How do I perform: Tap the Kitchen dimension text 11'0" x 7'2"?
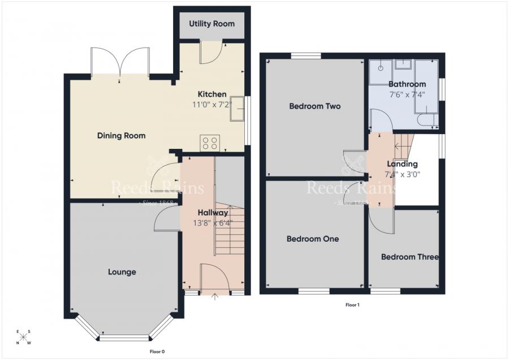click(212, 105)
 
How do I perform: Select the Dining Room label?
click(121, 136)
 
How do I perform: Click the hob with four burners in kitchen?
click(210, 143)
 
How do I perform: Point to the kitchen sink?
click(236, 109)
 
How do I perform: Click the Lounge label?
click(122, 272)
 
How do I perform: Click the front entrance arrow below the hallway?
click(214, 295)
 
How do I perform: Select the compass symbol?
click(24, 337)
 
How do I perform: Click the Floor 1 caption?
click(352, 305)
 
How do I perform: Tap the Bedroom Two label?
click(314, 106)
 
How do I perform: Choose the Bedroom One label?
click(313, 239)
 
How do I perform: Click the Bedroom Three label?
click(409, 257)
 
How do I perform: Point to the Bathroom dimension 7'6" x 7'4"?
click(406, 95)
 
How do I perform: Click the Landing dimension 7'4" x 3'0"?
click(402, 174)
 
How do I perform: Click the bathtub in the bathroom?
click(426, 86)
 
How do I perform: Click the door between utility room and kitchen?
click(212, 53)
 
